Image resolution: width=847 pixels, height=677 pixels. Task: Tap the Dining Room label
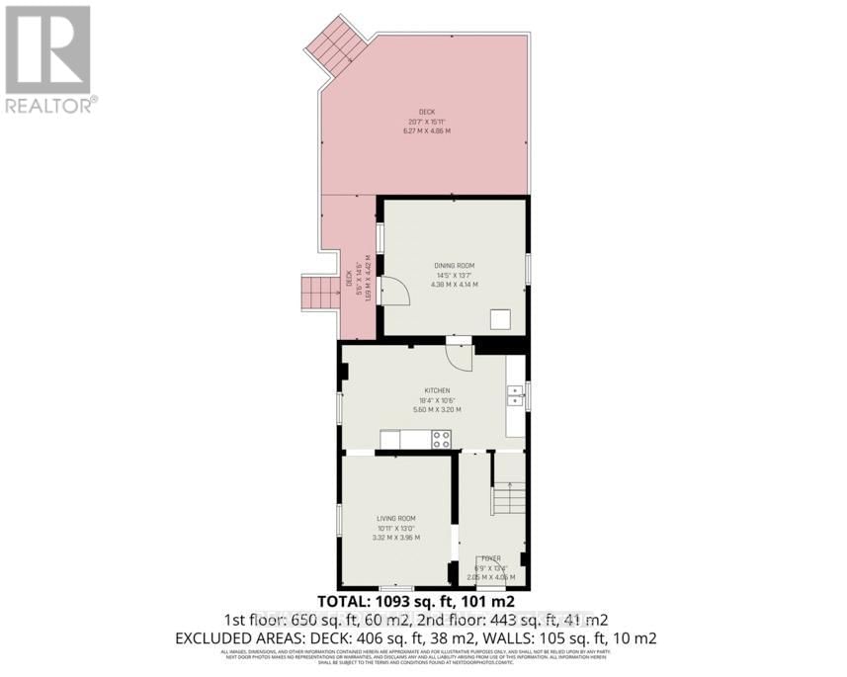(x=454, y=266)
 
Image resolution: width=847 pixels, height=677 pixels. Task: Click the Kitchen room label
(x=437, y=391)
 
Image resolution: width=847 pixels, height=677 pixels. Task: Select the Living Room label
(x=396, y=519)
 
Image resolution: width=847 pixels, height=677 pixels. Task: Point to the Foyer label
(x=491, y=558)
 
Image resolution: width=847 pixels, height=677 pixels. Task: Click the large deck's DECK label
(x=426, y=112)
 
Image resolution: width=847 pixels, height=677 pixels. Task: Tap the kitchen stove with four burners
(x=441, y=439)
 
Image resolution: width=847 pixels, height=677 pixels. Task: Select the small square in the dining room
(x=502, y=318)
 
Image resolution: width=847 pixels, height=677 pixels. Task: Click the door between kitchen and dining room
(x=459, y=353)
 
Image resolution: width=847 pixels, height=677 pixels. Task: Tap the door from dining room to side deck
(x=392, y=293)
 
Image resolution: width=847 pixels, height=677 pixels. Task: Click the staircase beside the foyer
(x=510, y=494)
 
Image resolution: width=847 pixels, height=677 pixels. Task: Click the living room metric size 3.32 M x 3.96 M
(x=396, y=538)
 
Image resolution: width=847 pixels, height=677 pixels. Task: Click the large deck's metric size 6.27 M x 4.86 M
(x=426, y=131)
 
